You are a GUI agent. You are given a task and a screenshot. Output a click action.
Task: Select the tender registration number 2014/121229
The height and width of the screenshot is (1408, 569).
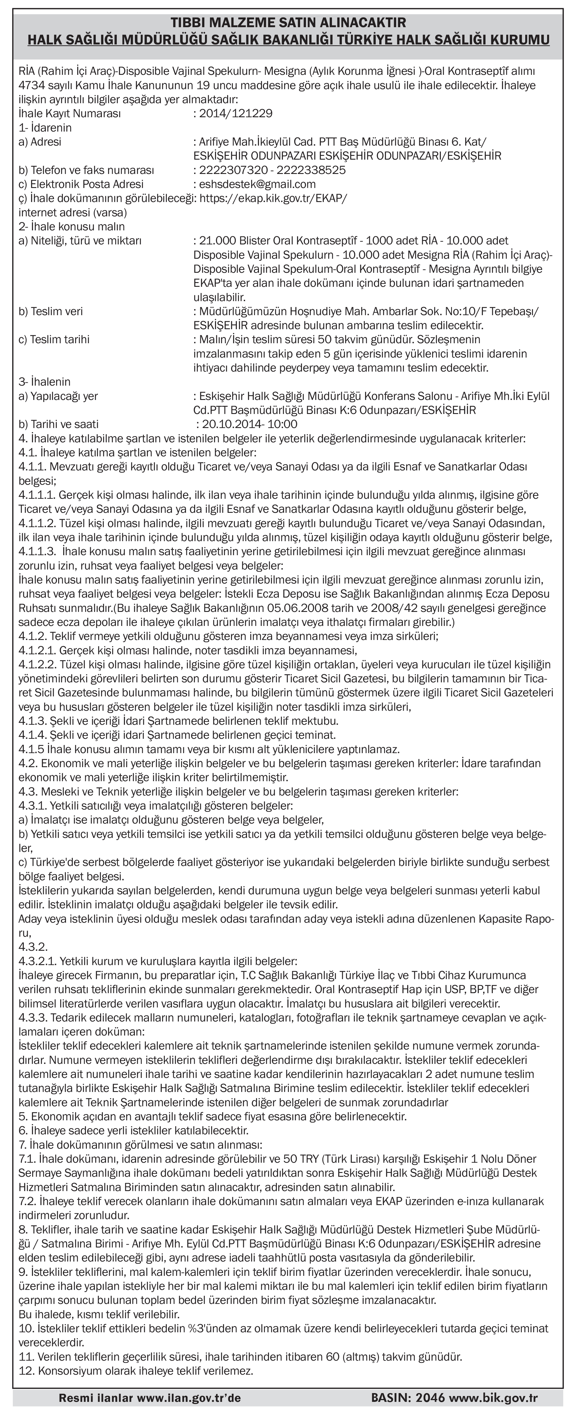(x=236, y=114)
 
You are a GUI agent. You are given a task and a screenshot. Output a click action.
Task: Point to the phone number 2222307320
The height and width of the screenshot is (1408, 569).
(x=229, y=170)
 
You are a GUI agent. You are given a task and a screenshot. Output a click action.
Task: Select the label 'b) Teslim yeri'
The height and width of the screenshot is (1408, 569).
(x=51, y=312)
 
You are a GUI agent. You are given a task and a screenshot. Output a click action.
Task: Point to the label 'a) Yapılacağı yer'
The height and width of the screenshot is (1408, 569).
(x=58, y=396)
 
